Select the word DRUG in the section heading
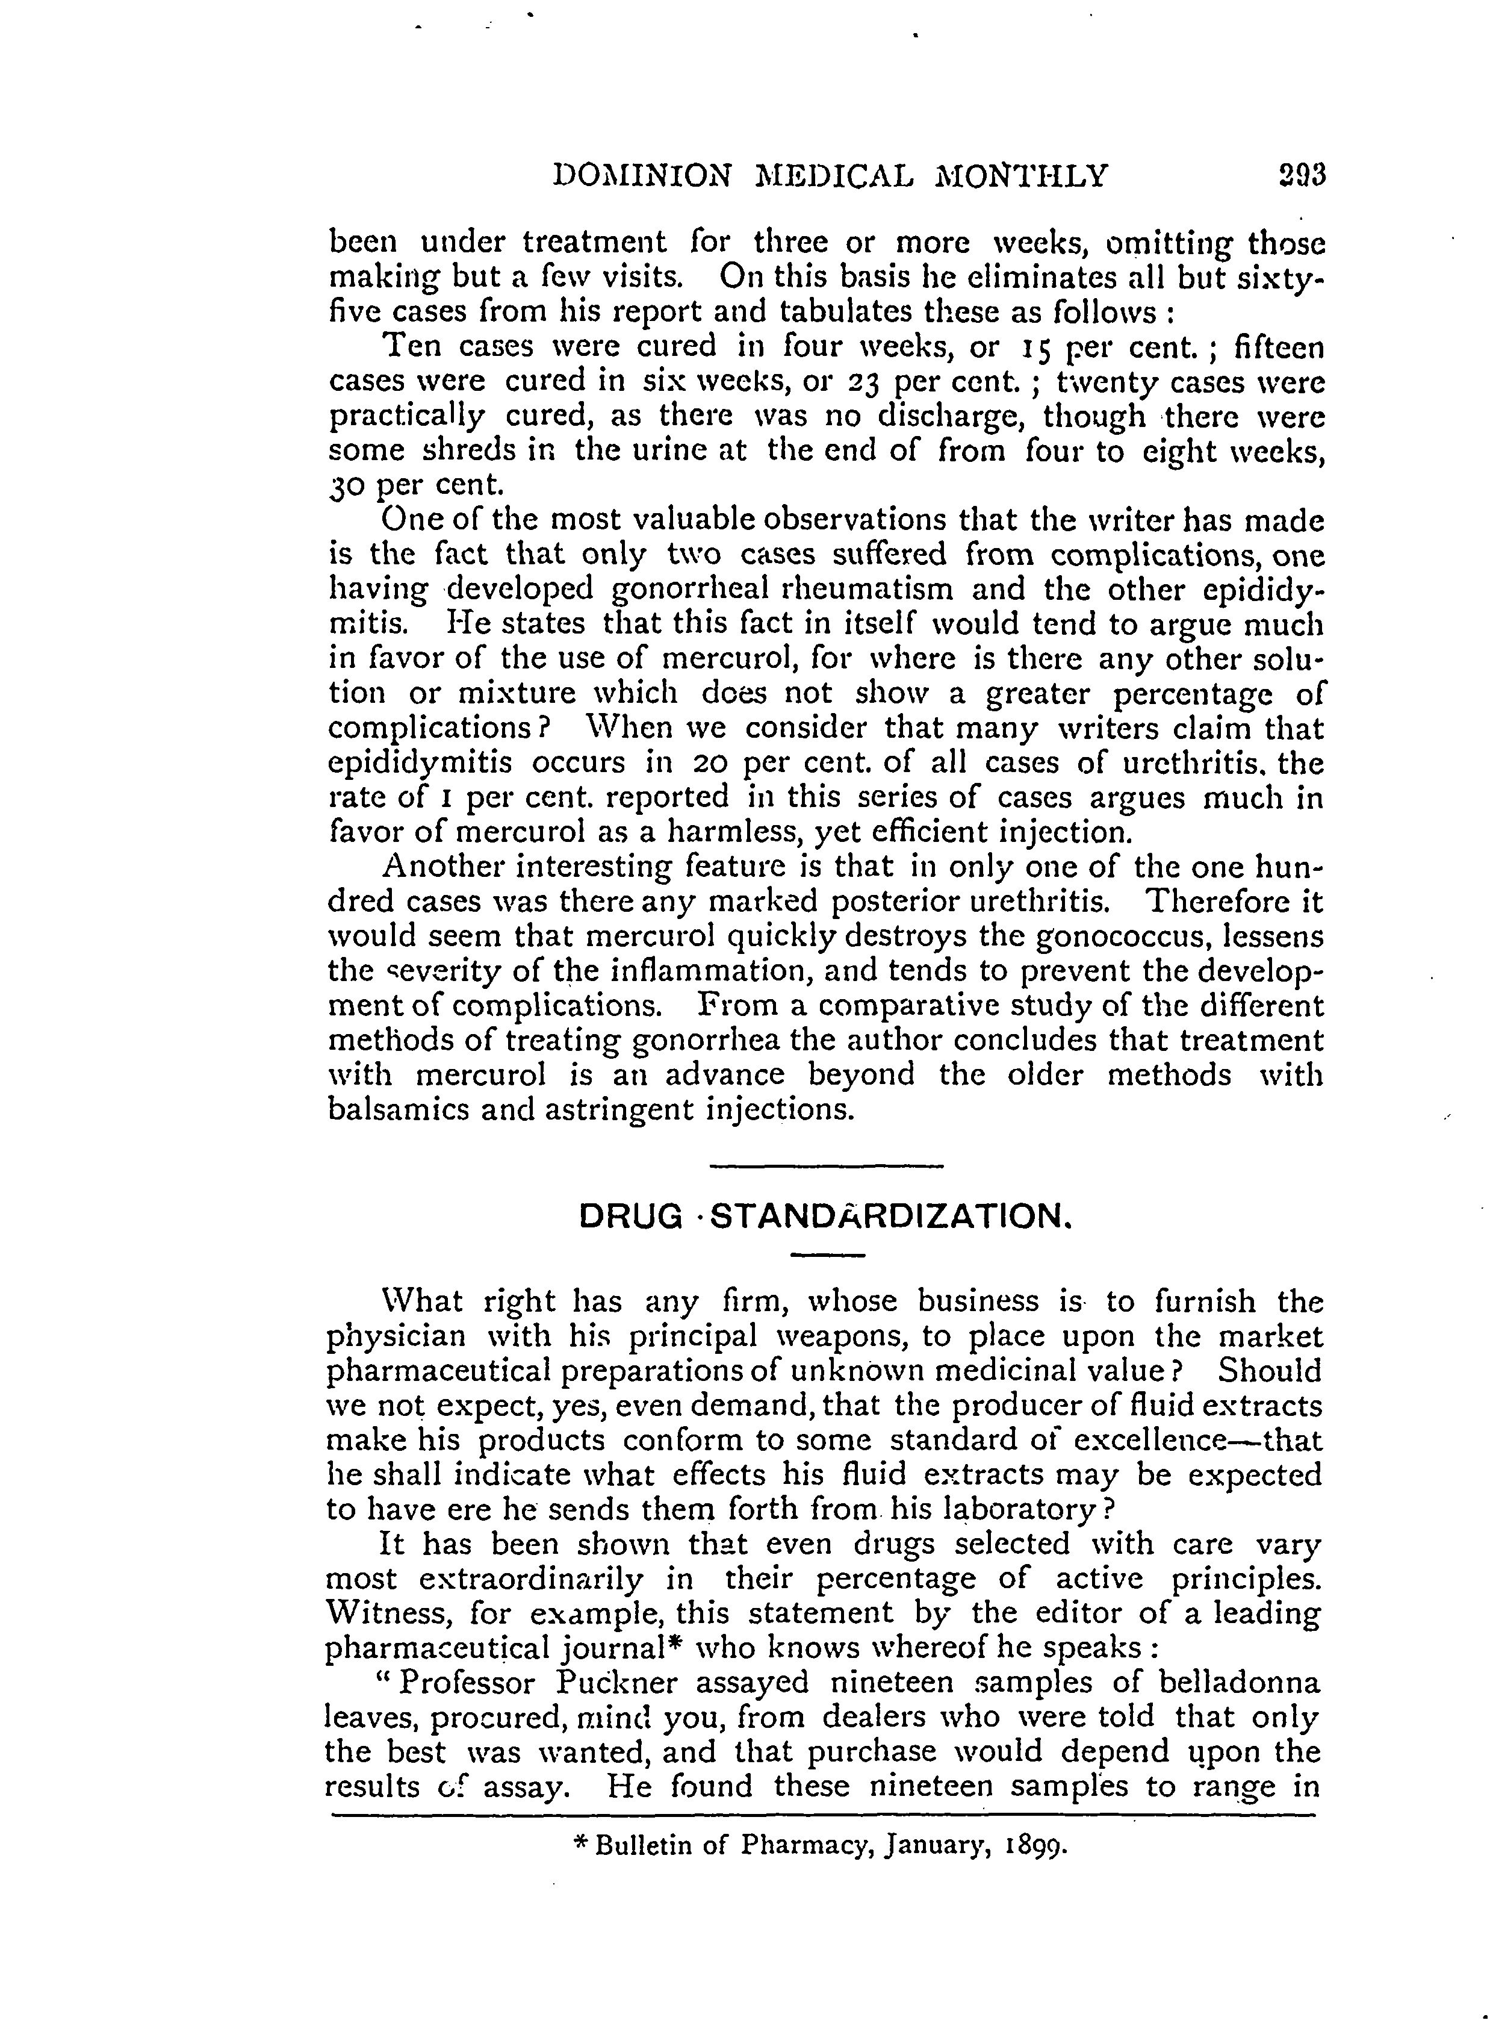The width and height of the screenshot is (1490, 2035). click(x=630, y=1217)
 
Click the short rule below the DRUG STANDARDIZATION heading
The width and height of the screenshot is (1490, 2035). click(x=827, y=1256)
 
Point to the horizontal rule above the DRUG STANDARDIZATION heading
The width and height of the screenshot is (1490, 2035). click(x=826, y=1167)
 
